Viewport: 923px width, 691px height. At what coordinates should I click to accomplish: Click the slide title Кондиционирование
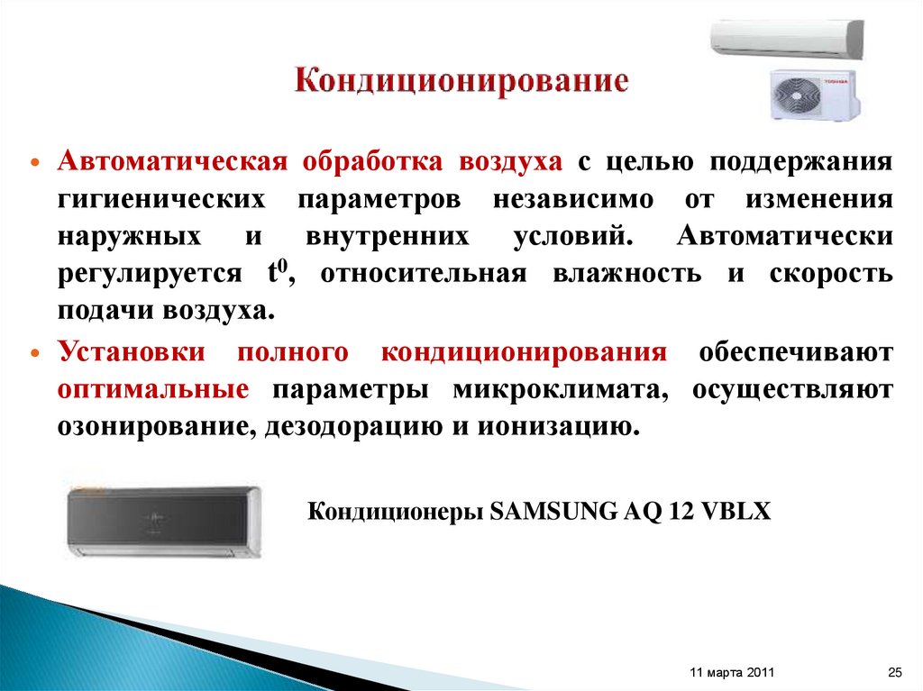(x=461, y=81)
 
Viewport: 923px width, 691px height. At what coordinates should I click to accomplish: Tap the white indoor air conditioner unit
(x=786, y=39)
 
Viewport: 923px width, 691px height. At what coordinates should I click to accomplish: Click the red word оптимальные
(x=153, y=390)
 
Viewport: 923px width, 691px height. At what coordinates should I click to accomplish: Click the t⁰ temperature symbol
(x=276, y=273)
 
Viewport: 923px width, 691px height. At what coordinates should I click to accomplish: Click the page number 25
(x=895, y=673)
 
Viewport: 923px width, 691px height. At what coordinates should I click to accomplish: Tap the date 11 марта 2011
(x=731, y=673)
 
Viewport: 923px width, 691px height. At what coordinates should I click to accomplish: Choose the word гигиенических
(x=162, y=200)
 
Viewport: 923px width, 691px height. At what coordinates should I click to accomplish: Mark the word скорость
(x=831, y=274)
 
